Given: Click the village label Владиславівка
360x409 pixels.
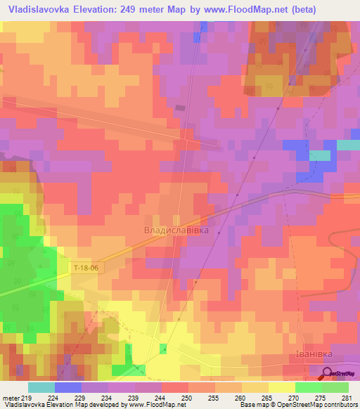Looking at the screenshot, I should [176, 230].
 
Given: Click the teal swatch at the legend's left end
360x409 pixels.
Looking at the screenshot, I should [41, 387].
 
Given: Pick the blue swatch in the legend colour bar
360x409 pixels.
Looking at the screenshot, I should [68, 387].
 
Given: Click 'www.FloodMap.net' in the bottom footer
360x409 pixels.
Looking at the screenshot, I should [157, 404].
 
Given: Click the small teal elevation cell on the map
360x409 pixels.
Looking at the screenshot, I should [320, 155].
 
